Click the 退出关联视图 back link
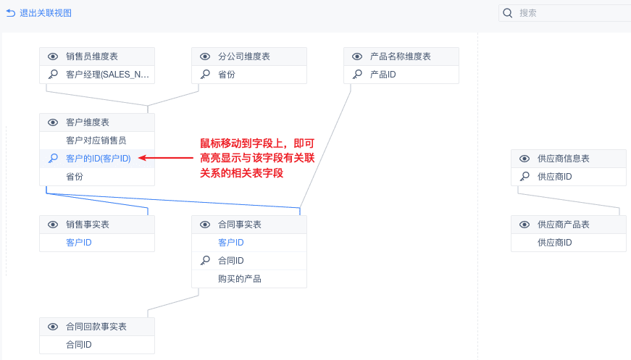(39, 13)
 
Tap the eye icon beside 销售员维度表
(53, 56)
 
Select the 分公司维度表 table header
(244, 56)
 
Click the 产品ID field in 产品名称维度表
(383, 75)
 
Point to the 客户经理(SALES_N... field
(109, 75)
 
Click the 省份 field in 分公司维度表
(227, 75)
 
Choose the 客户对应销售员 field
(96, 141)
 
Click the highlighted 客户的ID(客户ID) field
(99, 158)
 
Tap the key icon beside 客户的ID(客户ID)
(53, 158)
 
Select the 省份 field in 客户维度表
(75, 176)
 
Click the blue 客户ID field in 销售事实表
(78, 243)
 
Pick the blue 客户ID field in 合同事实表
(230, 243)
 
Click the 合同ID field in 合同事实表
(230, 261)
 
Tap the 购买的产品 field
(239, 279)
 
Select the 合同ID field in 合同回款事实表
(78, 345)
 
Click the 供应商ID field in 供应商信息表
(555, 177)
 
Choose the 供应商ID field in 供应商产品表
(555, 243)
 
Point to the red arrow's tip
(139, 158)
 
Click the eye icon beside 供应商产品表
(525, 225)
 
